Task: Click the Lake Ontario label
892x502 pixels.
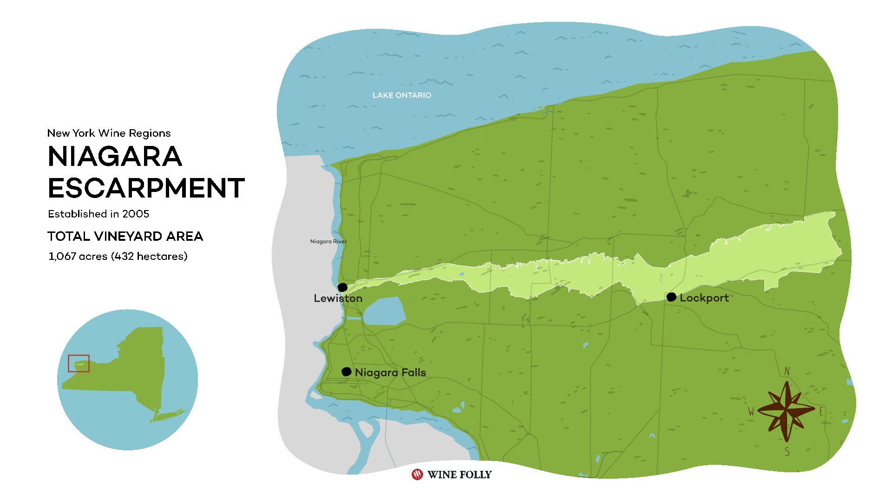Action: point(401,95)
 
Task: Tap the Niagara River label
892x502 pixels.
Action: point(328,241)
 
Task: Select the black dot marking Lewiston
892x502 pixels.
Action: point(342,287)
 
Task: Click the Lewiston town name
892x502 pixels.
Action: point(338,298)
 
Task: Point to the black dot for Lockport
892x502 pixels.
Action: point(671,297)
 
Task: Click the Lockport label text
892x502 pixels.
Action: point(704,298)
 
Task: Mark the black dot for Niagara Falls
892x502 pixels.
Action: point(346,371)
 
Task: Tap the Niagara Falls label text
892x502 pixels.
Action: point(390,373)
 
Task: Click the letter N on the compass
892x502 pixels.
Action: point(787,371)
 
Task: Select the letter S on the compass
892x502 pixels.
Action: point(787,452)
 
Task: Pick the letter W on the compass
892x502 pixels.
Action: point(751,411)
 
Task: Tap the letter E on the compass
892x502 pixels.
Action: point(821,411)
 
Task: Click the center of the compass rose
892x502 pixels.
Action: point(787,410)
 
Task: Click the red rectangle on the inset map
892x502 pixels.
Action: point(79,363)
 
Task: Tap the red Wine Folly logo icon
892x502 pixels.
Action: point(417,474)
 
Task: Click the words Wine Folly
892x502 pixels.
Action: point(459,475)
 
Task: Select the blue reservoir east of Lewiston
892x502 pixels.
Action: point(384,311)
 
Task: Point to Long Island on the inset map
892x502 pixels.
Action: point(170,414)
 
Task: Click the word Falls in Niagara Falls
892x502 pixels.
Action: point(413,373)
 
